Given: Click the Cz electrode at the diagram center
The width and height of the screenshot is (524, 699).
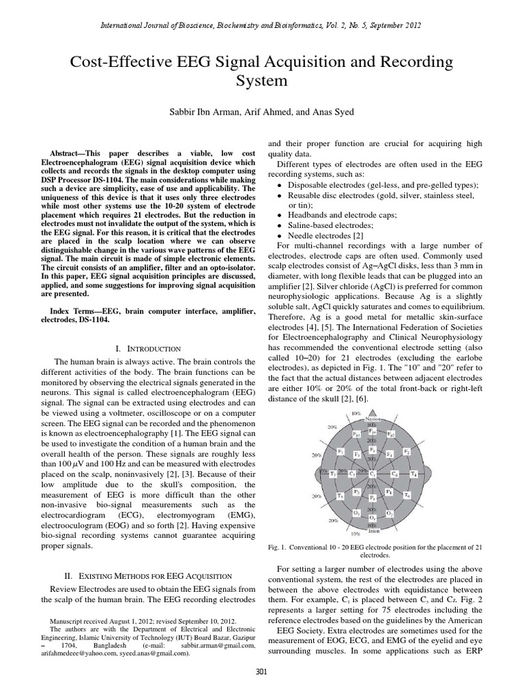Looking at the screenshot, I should point(373,473).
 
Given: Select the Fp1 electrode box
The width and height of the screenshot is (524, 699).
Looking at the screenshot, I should point(356,434).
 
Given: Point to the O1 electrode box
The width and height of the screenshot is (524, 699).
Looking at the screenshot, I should point(356,512).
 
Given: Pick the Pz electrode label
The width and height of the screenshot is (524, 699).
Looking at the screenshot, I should point(373,497).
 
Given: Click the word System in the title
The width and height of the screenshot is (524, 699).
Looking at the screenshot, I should point(261,81).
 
